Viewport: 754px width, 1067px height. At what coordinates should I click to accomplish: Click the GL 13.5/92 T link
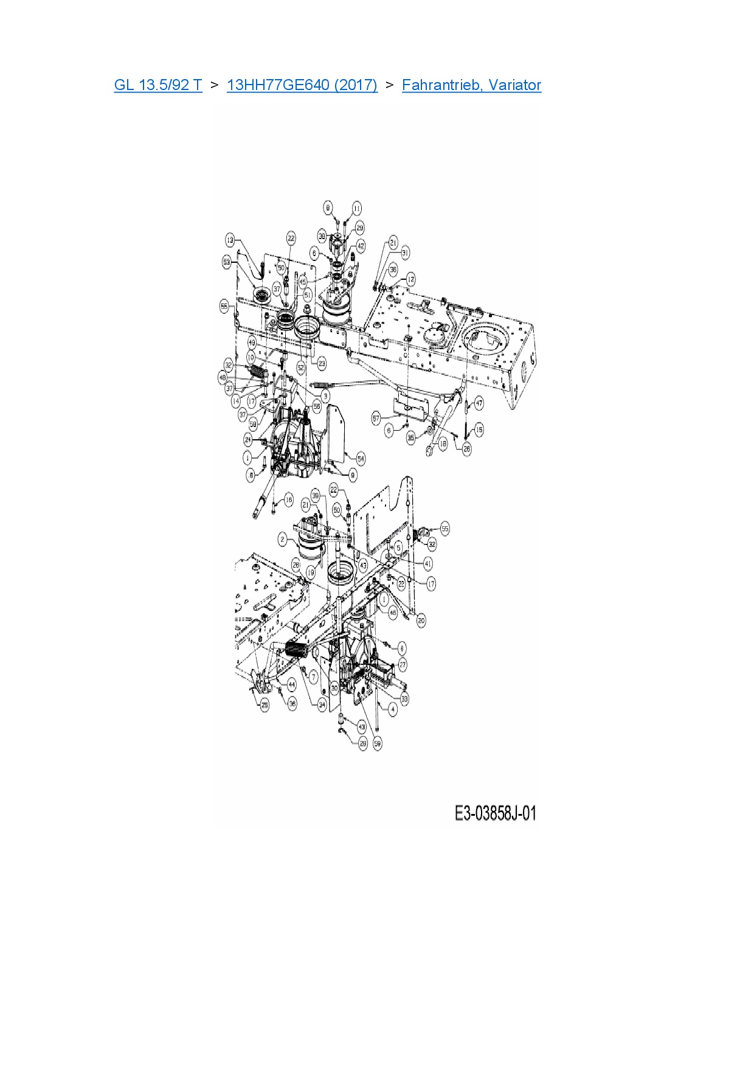158,85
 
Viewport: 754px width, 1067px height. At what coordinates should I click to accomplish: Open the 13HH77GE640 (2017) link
302,85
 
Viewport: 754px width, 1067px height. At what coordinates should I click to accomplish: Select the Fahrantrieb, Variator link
471,85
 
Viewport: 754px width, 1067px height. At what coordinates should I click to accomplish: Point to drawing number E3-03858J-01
495,813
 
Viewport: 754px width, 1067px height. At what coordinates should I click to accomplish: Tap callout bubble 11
357,208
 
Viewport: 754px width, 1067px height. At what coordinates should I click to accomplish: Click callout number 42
361,246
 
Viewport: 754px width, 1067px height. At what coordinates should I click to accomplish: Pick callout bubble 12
411,279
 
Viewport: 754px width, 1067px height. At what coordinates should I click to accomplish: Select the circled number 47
479,403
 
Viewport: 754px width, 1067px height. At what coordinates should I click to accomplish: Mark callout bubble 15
479,430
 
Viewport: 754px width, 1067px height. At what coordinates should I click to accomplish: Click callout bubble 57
376,418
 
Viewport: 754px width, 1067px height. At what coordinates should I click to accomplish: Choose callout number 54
361,458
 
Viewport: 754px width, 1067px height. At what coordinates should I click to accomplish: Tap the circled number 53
227,262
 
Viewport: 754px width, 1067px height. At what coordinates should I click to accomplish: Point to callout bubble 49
252,344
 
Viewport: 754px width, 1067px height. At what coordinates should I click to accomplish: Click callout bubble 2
282,539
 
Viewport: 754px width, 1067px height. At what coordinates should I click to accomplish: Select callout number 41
428,564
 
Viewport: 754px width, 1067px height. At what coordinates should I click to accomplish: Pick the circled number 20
421,620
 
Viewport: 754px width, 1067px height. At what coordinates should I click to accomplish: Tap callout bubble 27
403,666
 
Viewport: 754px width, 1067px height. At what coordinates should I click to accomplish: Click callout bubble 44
291,685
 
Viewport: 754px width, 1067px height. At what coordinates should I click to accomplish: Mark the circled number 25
265,705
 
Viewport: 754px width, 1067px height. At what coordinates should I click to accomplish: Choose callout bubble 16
288,500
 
